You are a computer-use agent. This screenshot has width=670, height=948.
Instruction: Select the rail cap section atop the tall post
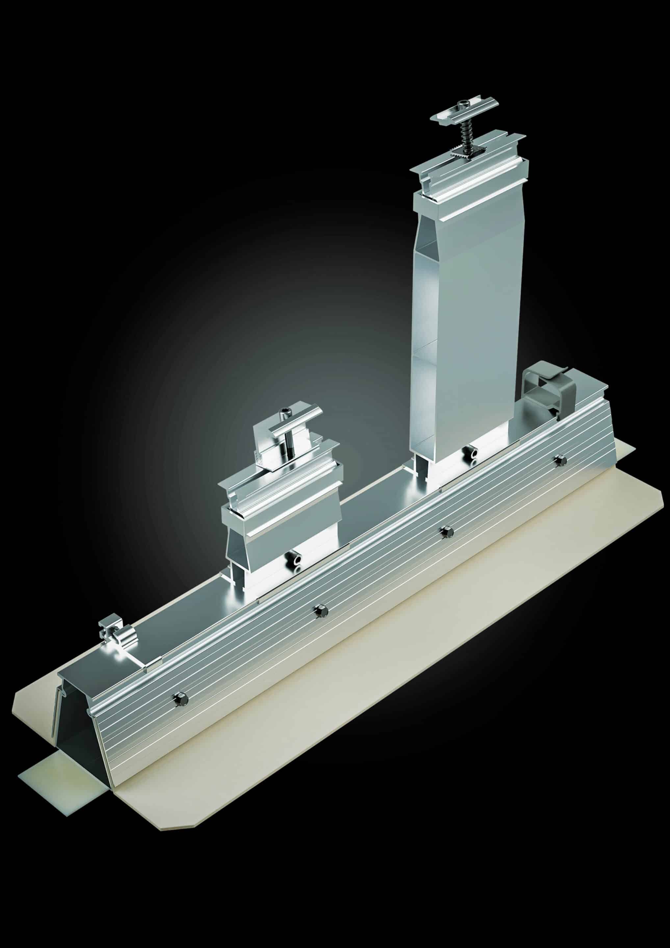pyautogui.click(x=469, y=173)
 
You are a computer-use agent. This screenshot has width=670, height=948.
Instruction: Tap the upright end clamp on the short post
pyautogui.click(x=264, y=444)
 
